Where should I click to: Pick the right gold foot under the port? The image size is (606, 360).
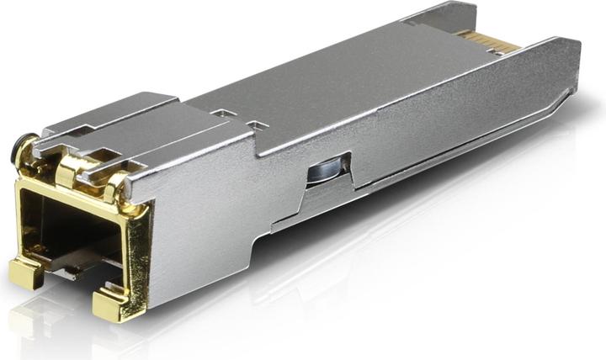[x=113, y=304]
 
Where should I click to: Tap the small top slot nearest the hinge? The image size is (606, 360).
[x=221, y=113]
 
